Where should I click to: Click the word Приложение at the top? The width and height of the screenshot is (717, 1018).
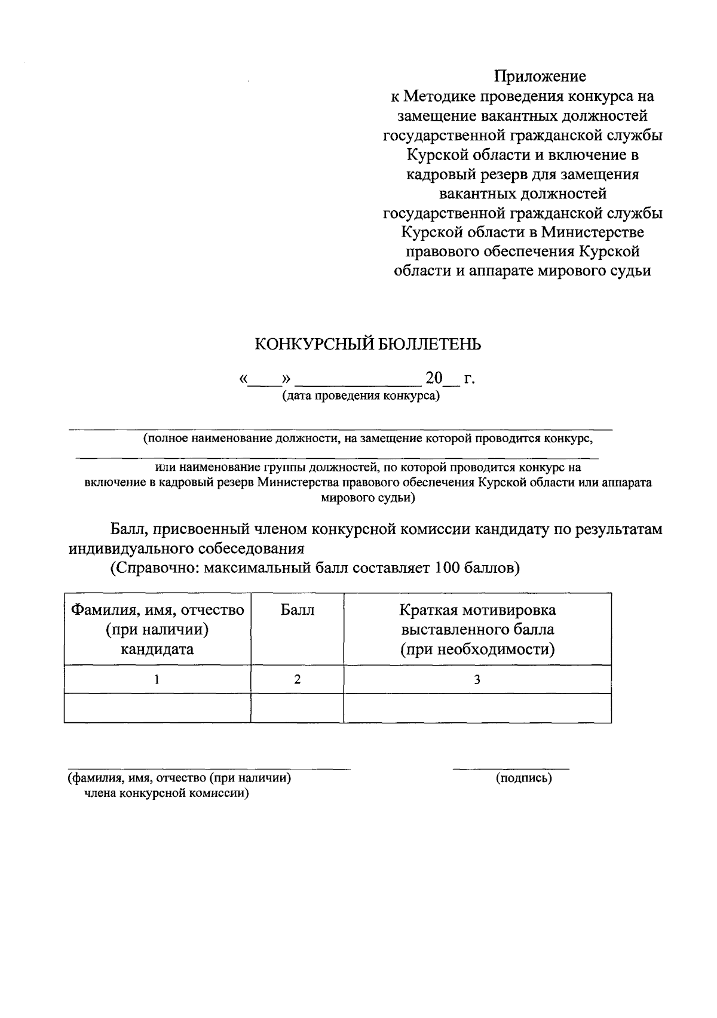tap(540, 76)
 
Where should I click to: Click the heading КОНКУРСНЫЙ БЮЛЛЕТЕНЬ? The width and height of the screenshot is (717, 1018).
tap(367, 345)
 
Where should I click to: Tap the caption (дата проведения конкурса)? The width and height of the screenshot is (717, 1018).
tap(361, 396)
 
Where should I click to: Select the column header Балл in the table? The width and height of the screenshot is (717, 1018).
tap(297, 610)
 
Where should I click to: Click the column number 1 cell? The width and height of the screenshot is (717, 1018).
tap(157, 679)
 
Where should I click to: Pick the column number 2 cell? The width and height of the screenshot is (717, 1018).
tap(297, 679)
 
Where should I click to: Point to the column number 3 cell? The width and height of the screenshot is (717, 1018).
tap(477, 679)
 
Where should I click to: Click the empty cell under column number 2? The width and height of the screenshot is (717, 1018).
tap(297, 708)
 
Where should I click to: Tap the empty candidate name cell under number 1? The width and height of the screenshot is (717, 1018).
tap(157, 708)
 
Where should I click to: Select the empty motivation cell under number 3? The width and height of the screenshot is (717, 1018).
tap(477, 708)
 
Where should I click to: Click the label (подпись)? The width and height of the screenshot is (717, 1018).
tap(523, 778)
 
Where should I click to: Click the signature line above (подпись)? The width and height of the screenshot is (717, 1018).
tap(511, 768)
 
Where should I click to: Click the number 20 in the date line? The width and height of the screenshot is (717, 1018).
tap(434, 378)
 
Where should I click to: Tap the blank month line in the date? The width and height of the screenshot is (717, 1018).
tap(358, 382)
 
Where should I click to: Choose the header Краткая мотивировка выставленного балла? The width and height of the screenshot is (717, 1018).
tap(477, 629)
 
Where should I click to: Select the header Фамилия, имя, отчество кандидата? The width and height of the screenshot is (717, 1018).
tap(157, 629)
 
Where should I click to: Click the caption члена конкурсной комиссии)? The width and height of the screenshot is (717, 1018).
tap(166, 793)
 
